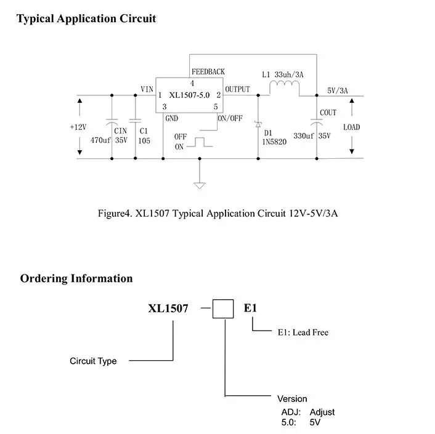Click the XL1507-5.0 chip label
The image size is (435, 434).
pos(189,95)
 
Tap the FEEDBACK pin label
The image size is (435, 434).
pos(208,72)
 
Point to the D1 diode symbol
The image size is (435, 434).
pos(258,124)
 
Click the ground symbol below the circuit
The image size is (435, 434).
pos(200,185)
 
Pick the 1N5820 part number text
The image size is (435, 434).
pos(274,142)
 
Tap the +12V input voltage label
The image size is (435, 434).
pos(78,127)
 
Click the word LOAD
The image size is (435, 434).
pos(351,127)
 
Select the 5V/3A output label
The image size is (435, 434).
pos(338,90)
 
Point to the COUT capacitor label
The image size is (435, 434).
pos(328,113)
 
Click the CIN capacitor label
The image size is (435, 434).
pos(120,131)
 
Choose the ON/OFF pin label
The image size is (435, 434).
pos(230,118)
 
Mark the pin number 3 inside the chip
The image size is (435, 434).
pos(165,106)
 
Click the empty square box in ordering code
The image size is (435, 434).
pos(223,309)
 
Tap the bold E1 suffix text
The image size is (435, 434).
pos(250,308)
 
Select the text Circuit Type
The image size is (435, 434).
pos(93,361)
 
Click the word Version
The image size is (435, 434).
pos(292,398)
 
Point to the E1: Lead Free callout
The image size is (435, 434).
pos(303,332)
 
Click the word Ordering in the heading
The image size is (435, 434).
pos(44,279)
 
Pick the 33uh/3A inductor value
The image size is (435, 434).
pos(289,74)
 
